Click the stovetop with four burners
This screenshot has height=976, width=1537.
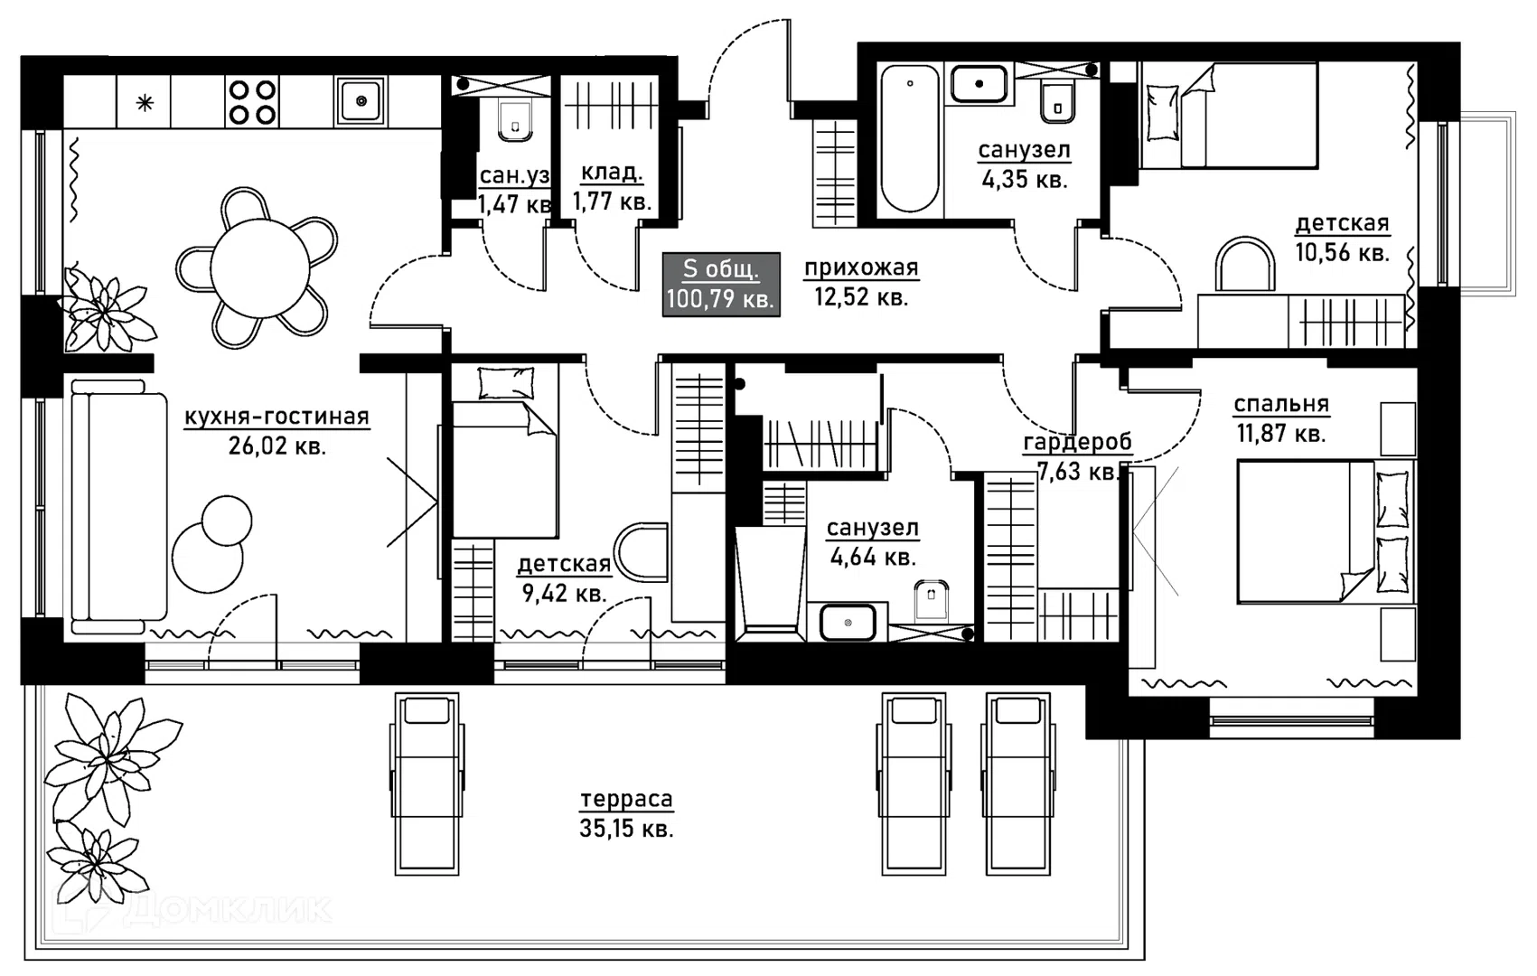(252, 101)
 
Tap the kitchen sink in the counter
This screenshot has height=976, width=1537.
(361, 101)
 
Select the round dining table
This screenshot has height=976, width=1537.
(260, 268)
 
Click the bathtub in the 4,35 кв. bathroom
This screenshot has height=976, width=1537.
(910, 138)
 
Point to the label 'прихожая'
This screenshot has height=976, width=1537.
(861, 267)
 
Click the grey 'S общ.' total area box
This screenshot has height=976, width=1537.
(721, 284)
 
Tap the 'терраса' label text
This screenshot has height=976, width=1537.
(626, 800)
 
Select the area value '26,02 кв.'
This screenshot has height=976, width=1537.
(277, 446)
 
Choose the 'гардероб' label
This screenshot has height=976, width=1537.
(1077, 444)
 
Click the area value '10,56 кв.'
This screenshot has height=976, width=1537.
(1343, 252)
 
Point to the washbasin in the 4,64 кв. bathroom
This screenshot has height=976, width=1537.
(848, 623)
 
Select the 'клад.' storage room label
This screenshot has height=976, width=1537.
(612, 173)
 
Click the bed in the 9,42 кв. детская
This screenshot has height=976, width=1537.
(505, 452)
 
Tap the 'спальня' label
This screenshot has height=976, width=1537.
(1281, 405)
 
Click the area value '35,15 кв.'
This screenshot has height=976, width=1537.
(626, 829)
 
